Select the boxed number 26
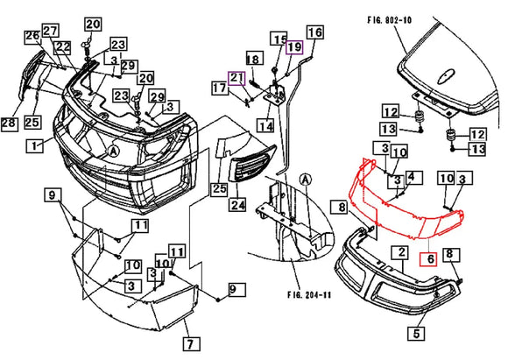[x=32, y=37]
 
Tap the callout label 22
[x=62, y=46]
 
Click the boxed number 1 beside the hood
[x=34, y=145]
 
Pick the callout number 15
[x=279, y=40]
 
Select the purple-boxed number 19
[x=294, y=46]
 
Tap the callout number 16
[x=314, y=33]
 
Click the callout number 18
[x=254, y=59]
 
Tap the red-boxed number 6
[x=428, y=259]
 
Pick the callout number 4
[x=412, y=179]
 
